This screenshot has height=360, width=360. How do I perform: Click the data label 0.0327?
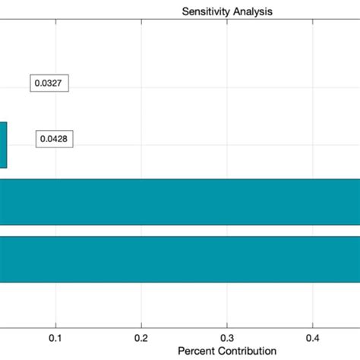coord(49,84)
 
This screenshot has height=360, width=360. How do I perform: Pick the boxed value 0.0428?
coord(55,140)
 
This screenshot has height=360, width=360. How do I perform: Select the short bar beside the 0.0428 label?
coord(3,145)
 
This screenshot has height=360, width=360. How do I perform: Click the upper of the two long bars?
coord(180,202)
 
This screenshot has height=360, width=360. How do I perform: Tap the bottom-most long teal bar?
coord(180,259)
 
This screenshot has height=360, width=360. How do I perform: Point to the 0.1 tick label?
coord(55,336)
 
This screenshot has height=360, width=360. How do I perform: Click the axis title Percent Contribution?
coord(226,351)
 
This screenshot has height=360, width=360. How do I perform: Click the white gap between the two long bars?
coord(180,231)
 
